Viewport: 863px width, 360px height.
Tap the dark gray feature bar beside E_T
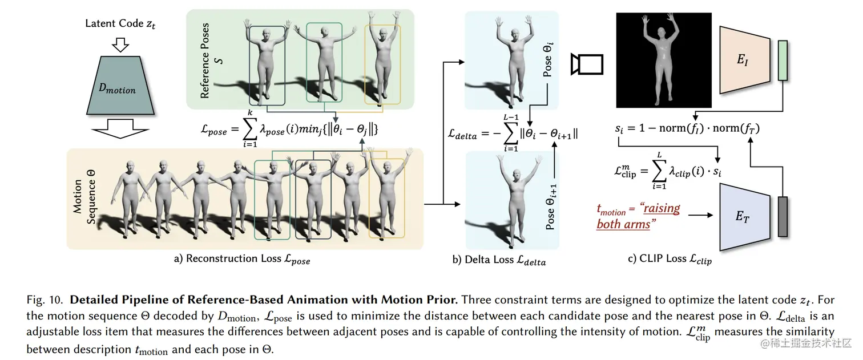coord(782,217)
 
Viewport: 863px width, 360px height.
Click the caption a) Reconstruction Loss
coord(242,260)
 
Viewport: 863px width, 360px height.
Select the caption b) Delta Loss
coord(499,261)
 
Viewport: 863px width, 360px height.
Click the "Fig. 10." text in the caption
coord(44,300)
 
